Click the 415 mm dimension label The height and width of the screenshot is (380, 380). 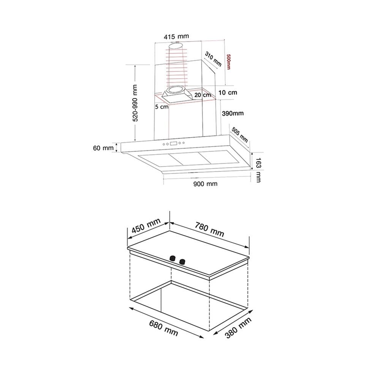click(176, 36)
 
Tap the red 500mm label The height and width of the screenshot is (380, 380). click(228, 62)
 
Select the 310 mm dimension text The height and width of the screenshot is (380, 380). click(213, 59)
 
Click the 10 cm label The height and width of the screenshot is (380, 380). click(228, 93)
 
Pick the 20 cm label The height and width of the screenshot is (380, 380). click(203, 95)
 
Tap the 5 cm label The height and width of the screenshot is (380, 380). click(161, 107)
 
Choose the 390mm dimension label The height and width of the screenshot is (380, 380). click(233, 113)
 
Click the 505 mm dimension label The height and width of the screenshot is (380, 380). click(240, 135)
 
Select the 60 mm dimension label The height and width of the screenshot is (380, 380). click(103, 148)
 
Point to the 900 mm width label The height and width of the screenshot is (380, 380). click(205, 184)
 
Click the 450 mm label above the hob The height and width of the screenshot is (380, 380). click(146, 225)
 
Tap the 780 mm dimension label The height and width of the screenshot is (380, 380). click(209, 230)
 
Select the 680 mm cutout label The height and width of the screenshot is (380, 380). click(163, 328)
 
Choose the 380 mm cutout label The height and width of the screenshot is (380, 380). click(238, 328)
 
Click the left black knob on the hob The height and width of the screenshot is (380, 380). click(173, 258)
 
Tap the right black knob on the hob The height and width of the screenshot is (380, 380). click(182, 261)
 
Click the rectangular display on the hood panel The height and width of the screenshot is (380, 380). click(174, 144)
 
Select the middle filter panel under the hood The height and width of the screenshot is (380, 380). click(186, 159)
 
